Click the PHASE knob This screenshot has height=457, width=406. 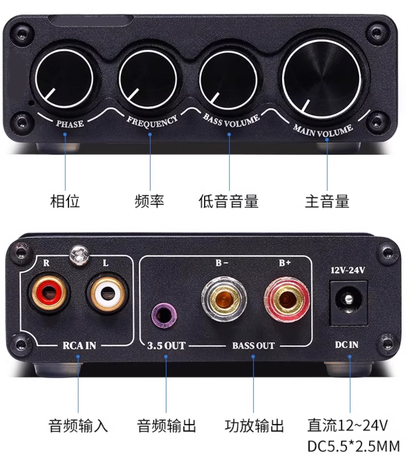[x=64, y=79]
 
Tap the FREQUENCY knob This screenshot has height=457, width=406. [x=148, y=79]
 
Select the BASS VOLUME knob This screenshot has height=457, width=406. [x=229, y=79]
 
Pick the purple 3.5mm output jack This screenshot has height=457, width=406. [x=164, y=315]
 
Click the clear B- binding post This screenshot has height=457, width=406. [x=224, y=299]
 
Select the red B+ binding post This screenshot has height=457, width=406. [x=286, y=299]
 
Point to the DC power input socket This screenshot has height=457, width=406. [x=348, y=303]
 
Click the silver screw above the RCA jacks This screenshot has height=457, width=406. [x=79, y=255]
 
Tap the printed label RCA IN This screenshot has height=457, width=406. [x=80, y=345]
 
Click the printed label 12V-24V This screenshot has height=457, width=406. [x=347, y=270]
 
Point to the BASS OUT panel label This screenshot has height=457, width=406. [x=253, y=345]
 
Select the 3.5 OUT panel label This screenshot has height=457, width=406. [x=166, y=345]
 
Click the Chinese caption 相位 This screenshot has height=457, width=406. [x=65, y=201]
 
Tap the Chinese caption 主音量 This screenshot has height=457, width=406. [x=327, y=201]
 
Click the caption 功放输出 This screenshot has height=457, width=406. [x=254, y=425]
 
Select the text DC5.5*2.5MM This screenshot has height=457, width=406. [x=353, y=446]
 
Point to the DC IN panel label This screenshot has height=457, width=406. [x=347, y=345]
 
